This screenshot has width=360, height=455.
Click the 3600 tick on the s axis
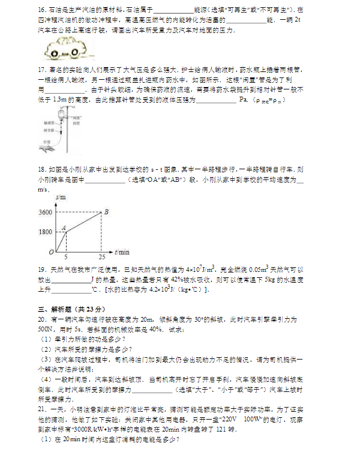45,212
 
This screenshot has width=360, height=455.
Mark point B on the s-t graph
106,211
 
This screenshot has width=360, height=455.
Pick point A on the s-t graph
62,227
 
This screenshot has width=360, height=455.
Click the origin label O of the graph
51,252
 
